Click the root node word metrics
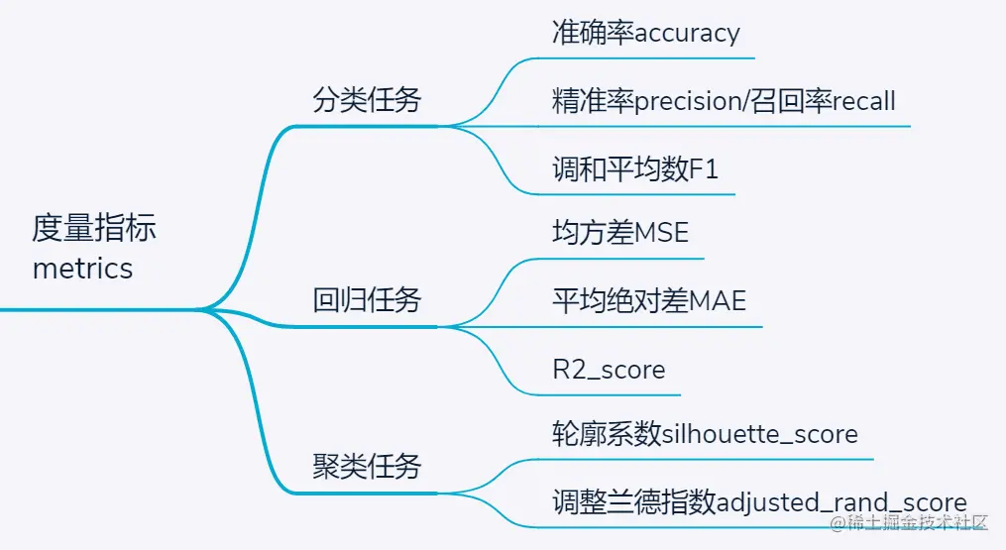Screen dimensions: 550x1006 click(82, 269)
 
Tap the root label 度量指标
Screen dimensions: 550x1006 click(94, 229)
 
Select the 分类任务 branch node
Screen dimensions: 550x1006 click(367, 100)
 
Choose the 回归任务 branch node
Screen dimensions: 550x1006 click(367, 299)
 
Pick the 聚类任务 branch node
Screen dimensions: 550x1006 click(367, 466)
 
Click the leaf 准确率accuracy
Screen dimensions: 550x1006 click(645, 33)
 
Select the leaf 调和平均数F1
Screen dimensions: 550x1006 click(635, 168)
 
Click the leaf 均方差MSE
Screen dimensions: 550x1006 click(619, 233)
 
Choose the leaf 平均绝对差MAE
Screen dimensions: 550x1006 click(648, 300)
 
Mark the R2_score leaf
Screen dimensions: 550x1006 click(609, 370)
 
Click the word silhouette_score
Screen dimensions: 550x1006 click(760, 434)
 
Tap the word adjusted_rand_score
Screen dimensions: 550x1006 click(841, 502)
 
